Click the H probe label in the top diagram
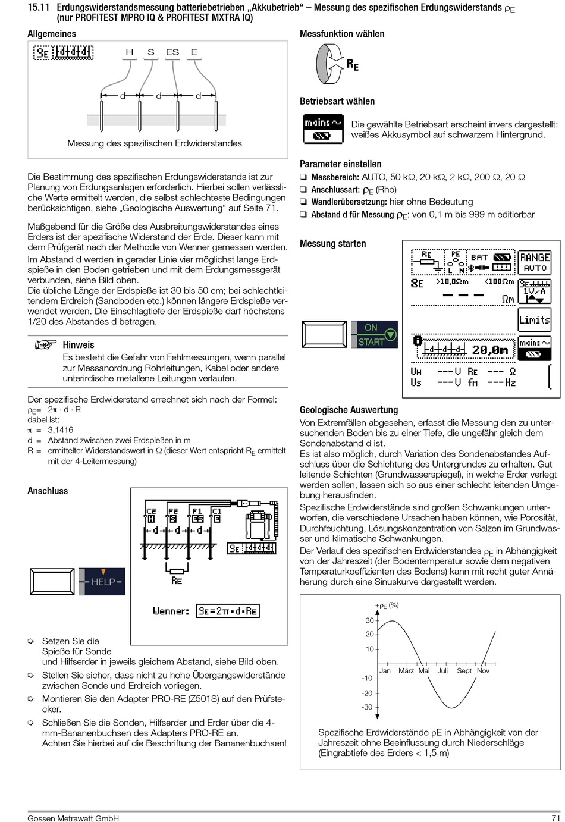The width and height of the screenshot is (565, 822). [x=130, y=52]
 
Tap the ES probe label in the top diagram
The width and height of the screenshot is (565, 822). [x=172, y=52]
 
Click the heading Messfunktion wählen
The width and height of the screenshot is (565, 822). [x=342, y=34]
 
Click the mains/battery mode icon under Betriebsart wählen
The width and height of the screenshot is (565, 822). [x=324, y=129]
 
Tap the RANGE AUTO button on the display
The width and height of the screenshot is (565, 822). [x=535, y=262]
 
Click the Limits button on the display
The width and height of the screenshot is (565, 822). [x=535, y=320]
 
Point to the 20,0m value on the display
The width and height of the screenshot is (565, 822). [x=490, y=350]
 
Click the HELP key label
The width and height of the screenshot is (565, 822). [x=102, y=582]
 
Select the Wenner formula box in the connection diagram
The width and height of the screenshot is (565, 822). [x=228, y=611]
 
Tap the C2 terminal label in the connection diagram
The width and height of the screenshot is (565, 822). [x=151, y=511]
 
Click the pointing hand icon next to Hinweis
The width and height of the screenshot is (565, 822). [x=45, y=344]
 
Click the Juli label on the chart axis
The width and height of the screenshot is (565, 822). [x=442, y=670]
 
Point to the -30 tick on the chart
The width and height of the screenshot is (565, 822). [x=367, y=707]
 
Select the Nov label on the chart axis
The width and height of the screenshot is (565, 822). [x=483, y=670]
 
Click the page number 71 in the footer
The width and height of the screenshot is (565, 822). [x=555, y=818]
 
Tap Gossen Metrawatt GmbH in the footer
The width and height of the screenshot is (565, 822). [x=73, y=818]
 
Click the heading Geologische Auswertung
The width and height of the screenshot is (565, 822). [x=349, y=410]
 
